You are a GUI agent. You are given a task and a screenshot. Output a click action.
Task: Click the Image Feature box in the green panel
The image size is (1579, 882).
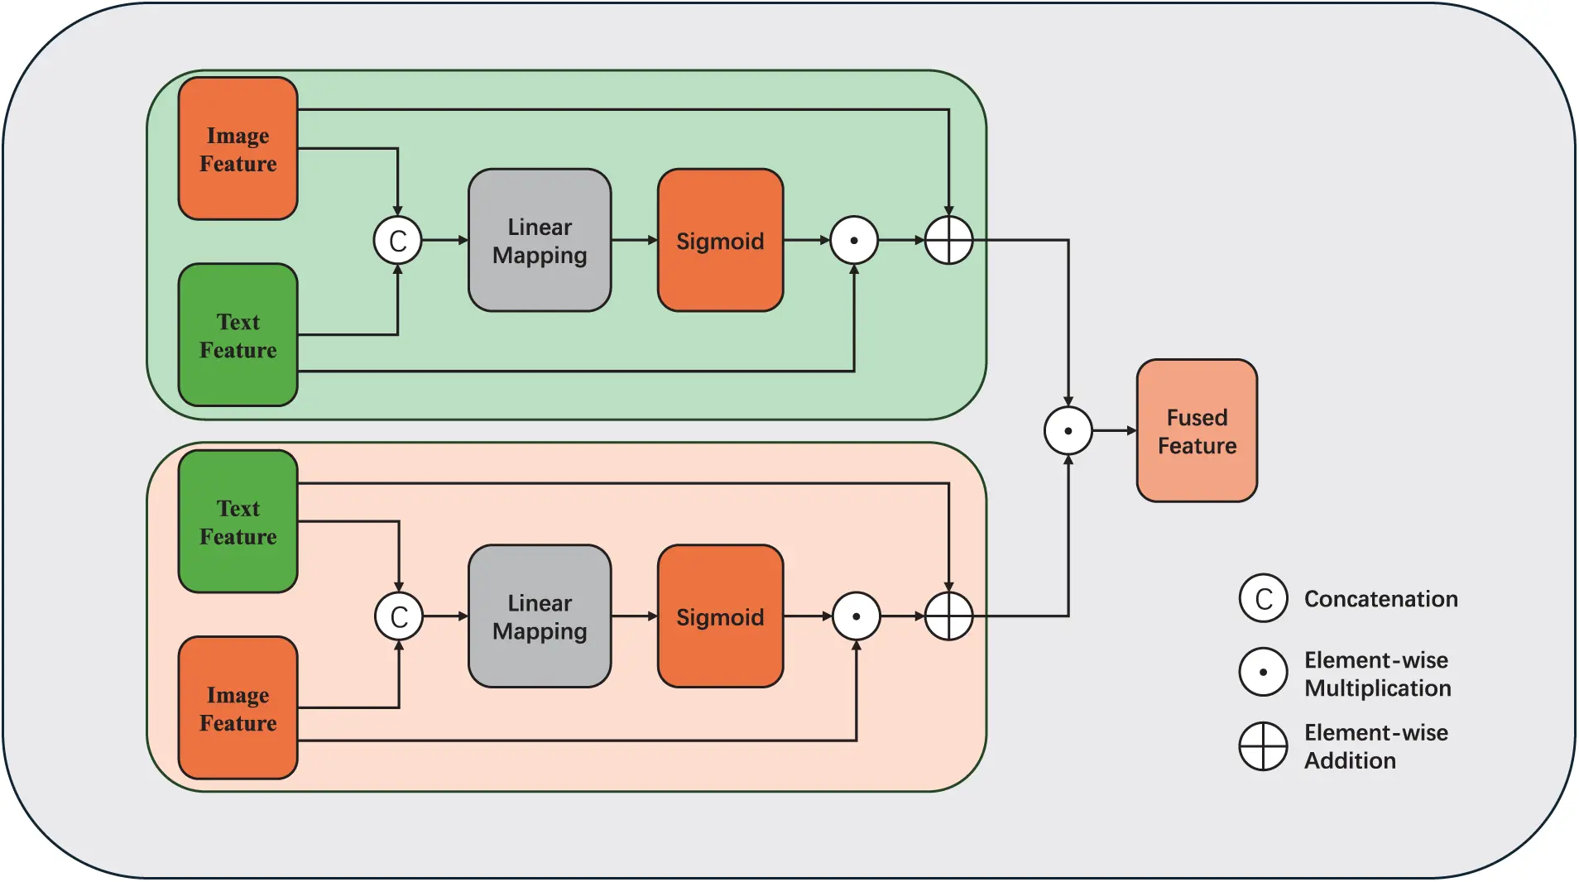coord(238,149)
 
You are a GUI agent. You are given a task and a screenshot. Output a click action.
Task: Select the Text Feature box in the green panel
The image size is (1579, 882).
coord(238,335)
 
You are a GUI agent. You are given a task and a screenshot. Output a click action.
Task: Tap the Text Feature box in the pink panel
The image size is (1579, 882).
coord(238,521)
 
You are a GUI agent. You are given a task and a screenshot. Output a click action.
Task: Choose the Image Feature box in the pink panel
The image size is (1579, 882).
coord(238,708)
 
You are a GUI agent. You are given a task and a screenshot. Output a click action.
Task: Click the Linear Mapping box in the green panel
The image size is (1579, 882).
coord(540,241)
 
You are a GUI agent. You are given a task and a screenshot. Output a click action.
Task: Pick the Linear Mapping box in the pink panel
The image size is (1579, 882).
coord(540,616)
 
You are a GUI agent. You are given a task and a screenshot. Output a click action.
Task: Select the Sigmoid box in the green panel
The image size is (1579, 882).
coord(720,241)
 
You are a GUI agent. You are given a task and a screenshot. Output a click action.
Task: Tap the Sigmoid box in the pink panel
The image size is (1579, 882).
coord(720,616)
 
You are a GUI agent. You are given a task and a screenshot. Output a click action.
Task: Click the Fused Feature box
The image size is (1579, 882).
coord(1197,431)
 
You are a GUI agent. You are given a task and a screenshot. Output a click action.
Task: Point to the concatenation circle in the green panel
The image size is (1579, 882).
coord(398,241)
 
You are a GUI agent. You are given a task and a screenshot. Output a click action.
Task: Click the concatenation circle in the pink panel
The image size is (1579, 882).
coord(399,616)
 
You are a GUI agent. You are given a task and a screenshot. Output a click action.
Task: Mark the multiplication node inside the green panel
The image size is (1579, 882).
coord(854,241)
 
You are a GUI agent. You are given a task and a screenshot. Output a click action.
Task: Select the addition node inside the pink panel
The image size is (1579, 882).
coord(948,616)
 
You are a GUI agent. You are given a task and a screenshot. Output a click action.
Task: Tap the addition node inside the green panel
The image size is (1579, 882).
coord(948,241)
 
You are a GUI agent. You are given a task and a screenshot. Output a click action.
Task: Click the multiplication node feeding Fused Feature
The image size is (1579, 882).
coord(1068,431)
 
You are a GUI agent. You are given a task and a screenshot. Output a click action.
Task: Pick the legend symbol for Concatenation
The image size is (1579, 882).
coord(1263,598)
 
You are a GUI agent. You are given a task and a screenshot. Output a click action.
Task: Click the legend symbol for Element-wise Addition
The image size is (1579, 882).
coord(1263,746)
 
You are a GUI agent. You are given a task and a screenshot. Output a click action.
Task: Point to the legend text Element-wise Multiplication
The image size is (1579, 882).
coord(1377,674)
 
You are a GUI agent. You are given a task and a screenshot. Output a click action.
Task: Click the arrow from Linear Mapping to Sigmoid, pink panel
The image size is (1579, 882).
coord(635,616)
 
